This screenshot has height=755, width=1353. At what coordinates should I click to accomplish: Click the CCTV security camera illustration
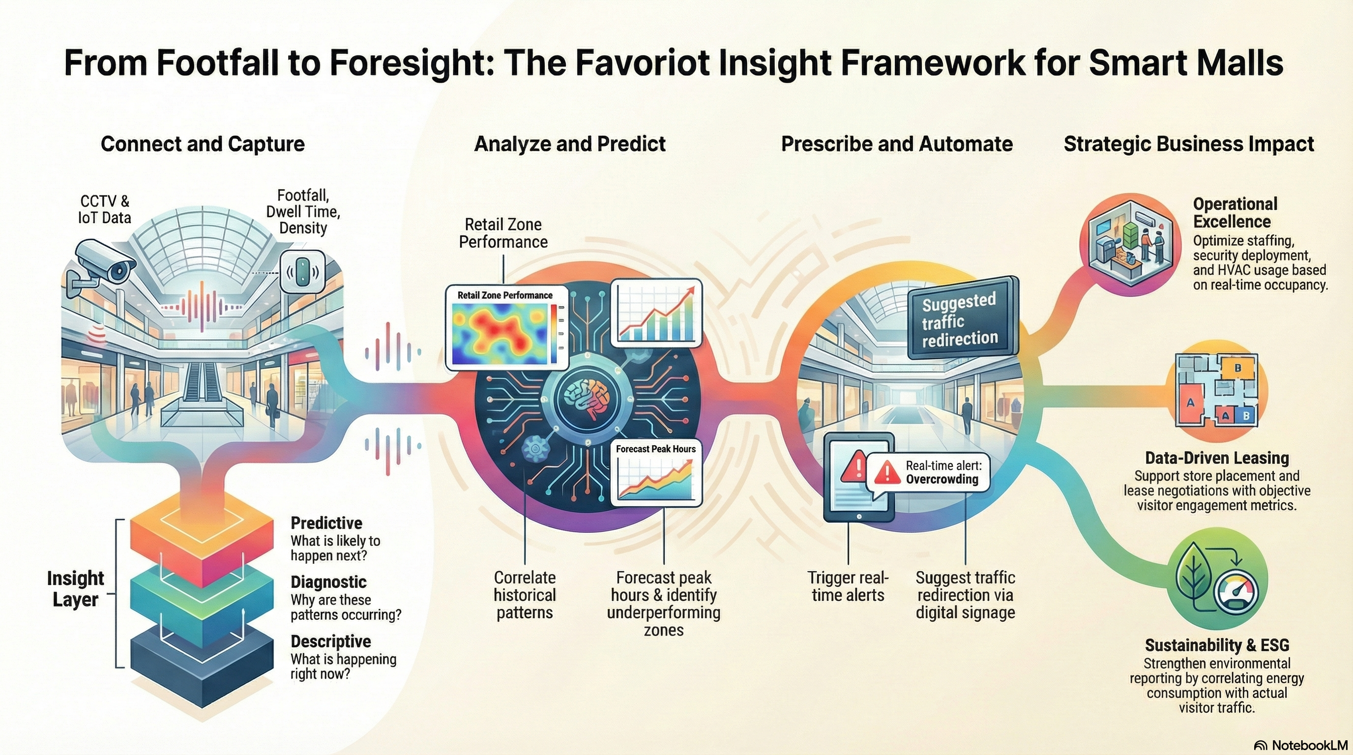[x=106, y=265]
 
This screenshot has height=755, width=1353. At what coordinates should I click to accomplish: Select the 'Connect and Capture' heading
[x=203, y=144]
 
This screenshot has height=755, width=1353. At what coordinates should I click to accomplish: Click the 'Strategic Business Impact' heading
[x=1189, y=144]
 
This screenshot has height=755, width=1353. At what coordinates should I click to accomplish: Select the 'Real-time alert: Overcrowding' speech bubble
[x=929, y=472]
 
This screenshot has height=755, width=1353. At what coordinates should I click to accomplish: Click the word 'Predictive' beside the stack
[x=326, y=523]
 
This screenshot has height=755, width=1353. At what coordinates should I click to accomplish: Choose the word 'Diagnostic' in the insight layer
[x=328, y=582]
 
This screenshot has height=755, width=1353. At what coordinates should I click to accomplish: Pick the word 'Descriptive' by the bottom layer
[x=330, y=641]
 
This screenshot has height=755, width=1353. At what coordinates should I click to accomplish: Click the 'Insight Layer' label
[x=75, y=588]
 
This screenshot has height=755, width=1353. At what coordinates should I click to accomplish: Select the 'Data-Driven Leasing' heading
[x=1216, y=458]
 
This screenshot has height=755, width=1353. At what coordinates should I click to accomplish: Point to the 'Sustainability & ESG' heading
[x=1216, y=645]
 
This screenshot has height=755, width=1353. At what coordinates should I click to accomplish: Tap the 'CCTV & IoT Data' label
[x=105, y=209]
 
